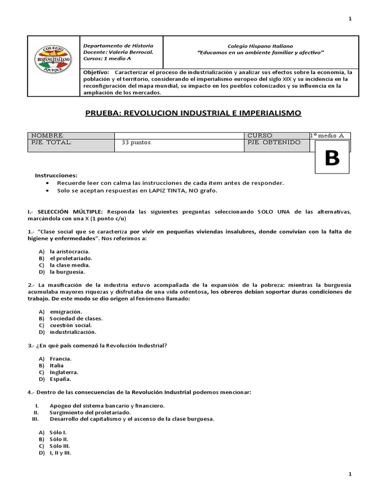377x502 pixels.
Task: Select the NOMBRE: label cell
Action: coord(48,135)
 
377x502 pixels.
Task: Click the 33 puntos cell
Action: coord(137,143)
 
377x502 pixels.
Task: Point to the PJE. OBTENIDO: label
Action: coord(274,142)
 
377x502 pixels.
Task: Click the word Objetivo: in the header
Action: coord(97,72)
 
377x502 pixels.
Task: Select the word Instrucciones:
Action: coord(56,175)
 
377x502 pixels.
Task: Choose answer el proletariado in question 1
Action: coord(71,258)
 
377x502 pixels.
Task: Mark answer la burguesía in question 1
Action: coord(67,272)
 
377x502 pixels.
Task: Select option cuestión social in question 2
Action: coord(71,325)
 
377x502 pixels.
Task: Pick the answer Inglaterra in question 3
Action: coord(64,372)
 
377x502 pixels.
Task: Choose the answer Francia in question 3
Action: coord(61,358)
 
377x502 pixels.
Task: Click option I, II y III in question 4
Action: coord(60,453)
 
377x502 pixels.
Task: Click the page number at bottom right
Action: coord(350,475)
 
